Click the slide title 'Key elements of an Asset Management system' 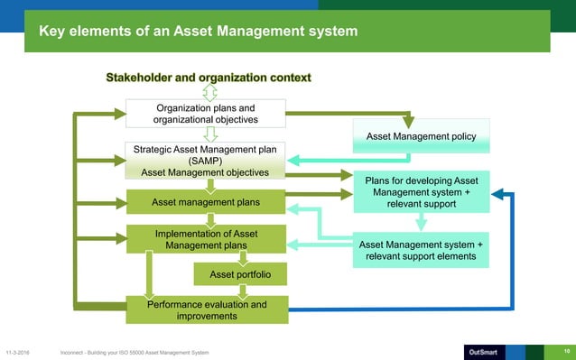(198, 32)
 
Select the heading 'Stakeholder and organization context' (209, 78)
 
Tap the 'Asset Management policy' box (421, 136)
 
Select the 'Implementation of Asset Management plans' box (206, 240)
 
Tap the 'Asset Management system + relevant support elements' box (421, 252)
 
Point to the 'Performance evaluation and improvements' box (206, 309)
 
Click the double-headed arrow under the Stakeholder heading (209, 94)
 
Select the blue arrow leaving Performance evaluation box (406, 309)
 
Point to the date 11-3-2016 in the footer (22, 352)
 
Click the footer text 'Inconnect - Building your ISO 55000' (135, 352)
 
